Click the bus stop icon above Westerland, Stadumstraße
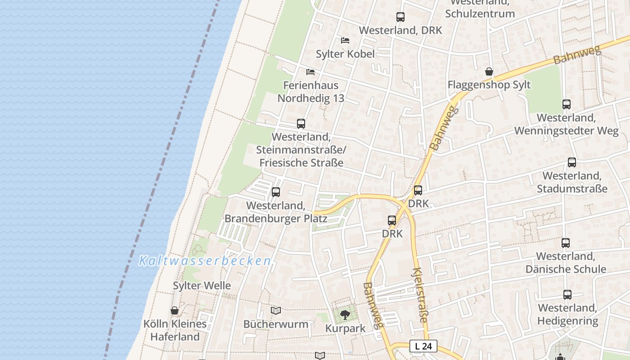coord(571,162)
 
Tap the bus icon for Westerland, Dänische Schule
coord(566,243)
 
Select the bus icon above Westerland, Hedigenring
coord(567,295)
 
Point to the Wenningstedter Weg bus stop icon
coord(567,104)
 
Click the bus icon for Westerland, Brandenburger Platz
coord(276,192)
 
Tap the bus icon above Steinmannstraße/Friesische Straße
coord(301,123)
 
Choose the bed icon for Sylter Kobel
coord(345,40)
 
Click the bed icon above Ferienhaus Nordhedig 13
coord(310,72)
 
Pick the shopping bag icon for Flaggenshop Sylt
coord(489,72)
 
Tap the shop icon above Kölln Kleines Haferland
coord(175,310)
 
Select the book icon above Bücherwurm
coord(276,310)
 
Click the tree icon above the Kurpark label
coord(345,315)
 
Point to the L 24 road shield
coord(423,346)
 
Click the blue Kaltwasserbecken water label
coord(205,261)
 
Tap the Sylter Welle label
coord(202,285)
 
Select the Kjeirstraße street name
coord(419,295)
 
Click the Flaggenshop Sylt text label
coord(489,85)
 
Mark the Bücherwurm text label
coord(276,324)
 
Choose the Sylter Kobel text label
coord(345,54)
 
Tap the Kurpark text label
coord(345,328)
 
